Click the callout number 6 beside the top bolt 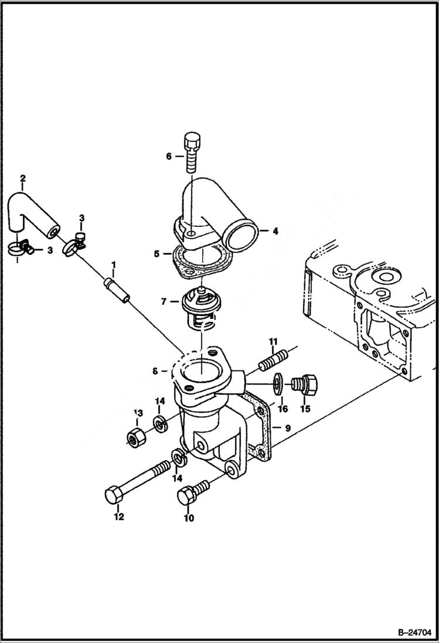[x=169, y=157]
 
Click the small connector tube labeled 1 [x=116, y=291]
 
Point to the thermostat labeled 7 [x=199, y=308]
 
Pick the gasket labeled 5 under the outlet [x=199, y=263]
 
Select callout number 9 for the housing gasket [x=288, y=428]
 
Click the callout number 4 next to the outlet [x=275, y=231]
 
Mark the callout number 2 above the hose [x=22, y=178]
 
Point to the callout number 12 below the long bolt [x=119, y=517]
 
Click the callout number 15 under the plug [x=305, y=409]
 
